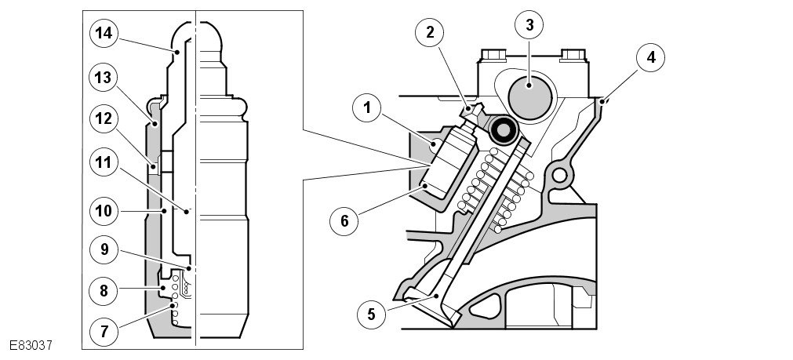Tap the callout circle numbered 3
coord(529,25)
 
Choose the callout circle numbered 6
coord(343,220)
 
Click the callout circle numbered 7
coord(104,330)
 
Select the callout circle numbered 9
coord(104,250)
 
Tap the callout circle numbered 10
coord(104,210)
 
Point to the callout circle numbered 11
coord(104,164)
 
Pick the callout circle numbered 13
coord(104,78)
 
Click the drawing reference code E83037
coord(31,344)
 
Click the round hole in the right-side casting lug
coord(561,173)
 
